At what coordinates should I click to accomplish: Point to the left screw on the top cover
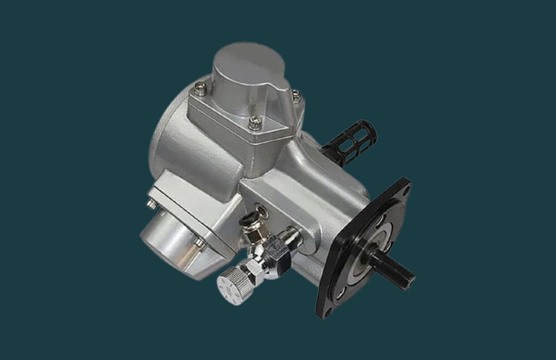[199, 88]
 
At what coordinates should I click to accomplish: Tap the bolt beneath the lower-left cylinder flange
[199, 243]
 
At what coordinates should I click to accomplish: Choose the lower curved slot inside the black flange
[342, 291]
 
